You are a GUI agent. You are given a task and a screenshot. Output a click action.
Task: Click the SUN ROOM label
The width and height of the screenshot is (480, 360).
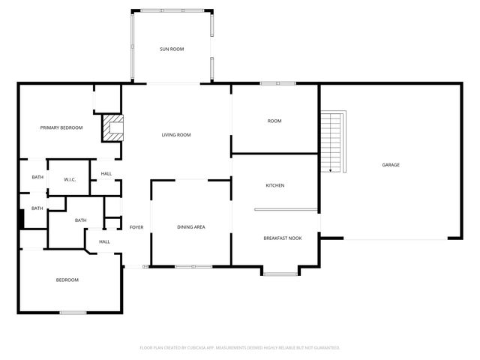click(x=171, y=49)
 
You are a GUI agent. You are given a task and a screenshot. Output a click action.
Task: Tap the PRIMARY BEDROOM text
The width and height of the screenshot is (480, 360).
click(x=61, y=127)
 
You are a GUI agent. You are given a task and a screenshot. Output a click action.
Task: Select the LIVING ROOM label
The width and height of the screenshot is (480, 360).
click(x=176, y=135)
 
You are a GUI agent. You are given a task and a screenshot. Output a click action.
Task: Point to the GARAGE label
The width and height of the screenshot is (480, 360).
click(x=391, y=165)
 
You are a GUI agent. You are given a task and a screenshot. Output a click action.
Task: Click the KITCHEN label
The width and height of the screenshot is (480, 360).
click(x=275, y=185)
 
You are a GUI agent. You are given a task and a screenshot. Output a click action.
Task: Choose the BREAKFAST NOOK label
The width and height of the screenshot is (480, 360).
click(x=282, y=238)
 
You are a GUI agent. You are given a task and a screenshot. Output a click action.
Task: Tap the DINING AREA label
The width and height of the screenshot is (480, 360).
click(x=191, y=227)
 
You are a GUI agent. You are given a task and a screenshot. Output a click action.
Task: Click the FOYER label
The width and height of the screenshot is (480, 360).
click(x=136, y=227)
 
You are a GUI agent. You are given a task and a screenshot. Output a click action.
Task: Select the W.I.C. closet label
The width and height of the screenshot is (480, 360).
click(x=70, y=180)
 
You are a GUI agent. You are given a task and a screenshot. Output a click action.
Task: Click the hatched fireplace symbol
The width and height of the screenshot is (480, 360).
click(x=113, y=127)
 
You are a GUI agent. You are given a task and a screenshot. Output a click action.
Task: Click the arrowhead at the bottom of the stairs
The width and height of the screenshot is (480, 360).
click(x=331, y=170)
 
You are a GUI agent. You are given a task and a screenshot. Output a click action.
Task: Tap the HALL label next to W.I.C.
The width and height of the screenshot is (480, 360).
click(x=106, y=174)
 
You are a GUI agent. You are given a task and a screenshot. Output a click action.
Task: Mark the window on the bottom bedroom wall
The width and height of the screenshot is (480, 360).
click(x=73, y=312)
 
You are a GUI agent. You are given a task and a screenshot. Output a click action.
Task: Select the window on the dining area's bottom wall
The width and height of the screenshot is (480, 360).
click(x=193, y=266)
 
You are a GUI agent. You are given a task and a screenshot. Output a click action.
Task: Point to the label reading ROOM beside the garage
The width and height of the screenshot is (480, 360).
click(x=274, y=121)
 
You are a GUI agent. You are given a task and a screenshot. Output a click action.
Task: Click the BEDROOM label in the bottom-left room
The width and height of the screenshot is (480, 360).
click(x=67, y=280)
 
